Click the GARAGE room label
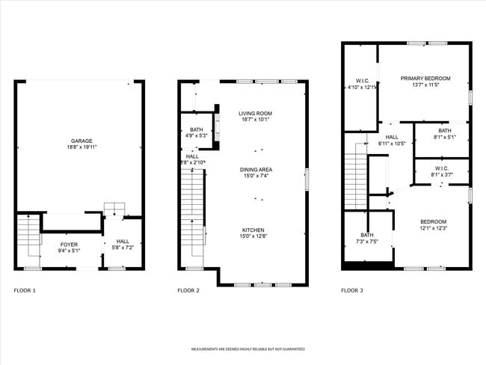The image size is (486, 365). pyautogui.click(x=81, y=141)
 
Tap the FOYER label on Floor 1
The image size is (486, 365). pyautogui.click(x=69, y=244)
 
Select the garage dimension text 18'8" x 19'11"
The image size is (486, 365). pyautogui.click(x=81, y=147)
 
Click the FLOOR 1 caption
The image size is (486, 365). pyautogui.click(x=25, y=290)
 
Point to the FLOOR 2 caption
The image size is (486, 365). pyautogui.click(x=188, y=290)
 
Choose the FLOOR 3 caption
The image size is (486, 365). pyautogui.click(x=351, y=290)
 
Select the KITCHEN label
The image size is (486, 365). pyautogui.click(x=253, y=230)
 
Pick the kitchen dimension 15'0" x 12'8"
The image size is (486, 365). pyautogui.click(x=253, y=236)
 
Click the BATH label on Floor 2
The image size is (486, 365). pyautogui.click(x=197, y=129)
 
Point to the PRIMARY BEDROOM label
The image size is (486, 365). pyautogui.click(x=425, y=78)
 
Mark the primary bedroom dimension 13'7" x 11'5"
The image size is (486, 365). pyautogui.click(x=425, y=85)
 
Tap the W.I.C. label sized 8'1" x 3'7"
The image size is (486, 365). pyautogui.click(x=440, y=168)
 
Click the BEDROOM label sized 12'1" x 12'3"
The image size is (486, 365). pyautogui.click(x=433, y=221)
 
